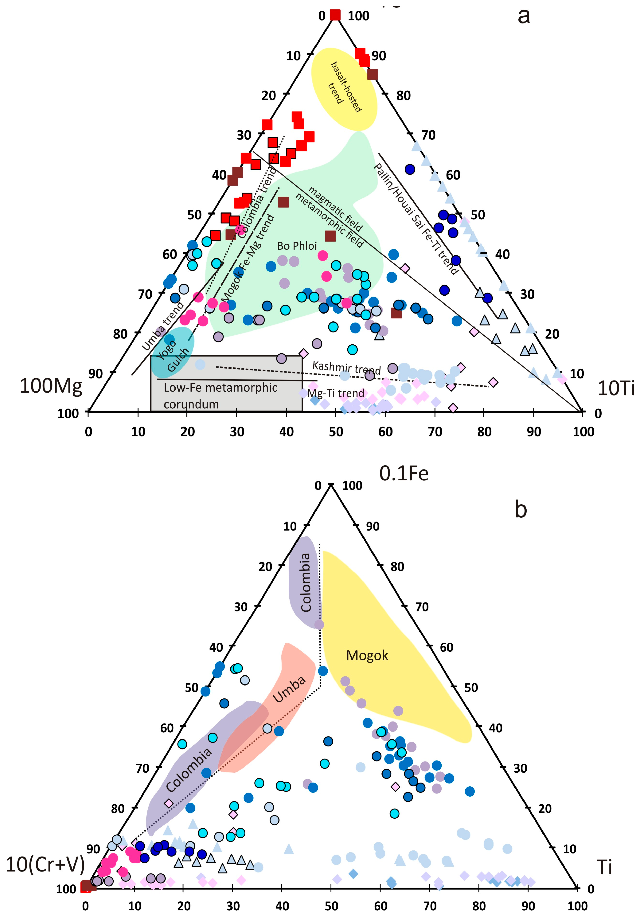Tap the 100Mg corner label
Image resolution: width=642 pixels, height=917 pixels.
pyautogui.click(x=51, y=386)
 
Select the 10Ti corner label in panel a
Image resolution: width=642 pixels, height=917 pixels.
pyautogui.click(x=616, y=388)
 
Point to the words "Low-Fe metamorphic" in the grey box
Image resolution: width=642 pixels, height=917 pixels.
pyautogui.click(x=220, y=387)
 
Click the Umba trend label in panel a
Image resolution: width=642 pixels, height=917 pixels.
pyautogui.click(x=163, y=326)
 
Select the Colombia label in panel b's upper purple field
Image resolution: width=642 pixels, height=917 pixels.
pyautogui.click(x=305, y=582)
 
